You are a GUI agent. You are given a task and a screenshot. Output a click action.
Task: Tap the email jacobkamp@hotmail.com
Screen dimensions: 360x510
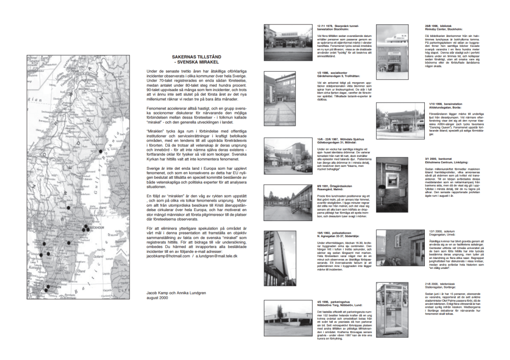(x=168, y=255)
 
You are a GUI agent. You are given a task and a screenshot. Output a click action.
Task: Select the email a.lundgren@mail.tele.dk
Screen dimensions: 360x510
(x=216, y=255)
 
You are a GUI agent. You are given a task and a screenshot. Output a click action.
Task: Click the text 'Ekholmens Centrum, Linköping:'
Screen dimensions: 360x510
(x=452, y=161)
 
